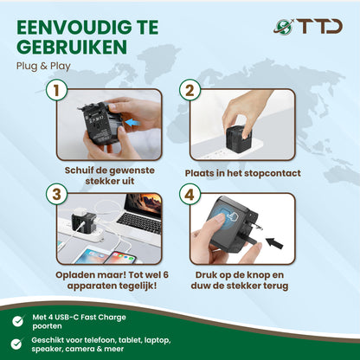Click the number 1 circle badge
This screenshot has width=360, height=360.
pos(57,90)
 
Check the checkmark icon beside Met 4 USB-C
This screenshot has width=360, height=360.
pos(18,320)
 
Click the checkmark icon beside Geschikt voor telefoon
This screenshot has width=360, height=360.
pos(18,343)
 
